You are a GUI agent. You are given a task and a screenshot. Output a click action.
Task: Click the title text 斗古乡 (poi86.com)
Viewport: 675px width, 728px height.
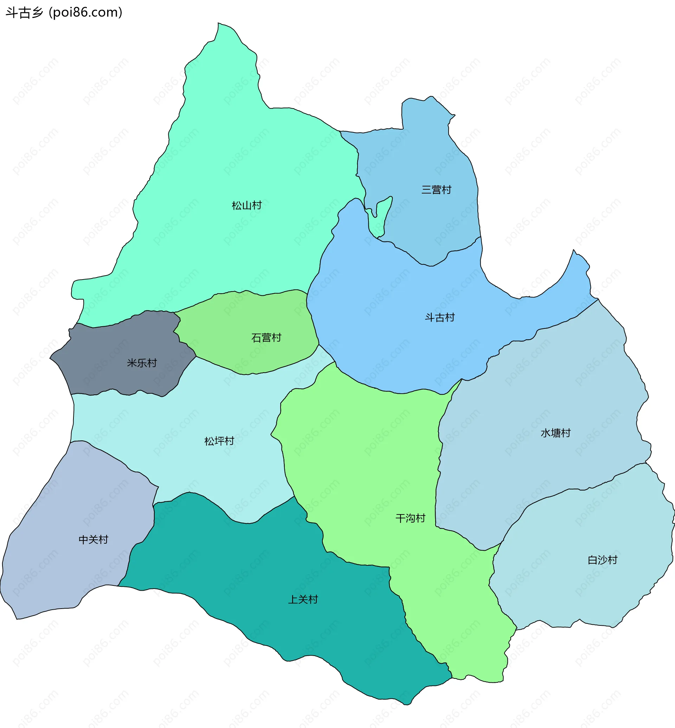(64, 12)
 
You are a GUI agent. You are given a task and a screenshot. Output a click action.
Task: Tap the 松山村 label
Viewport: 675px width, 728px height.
(246, 205)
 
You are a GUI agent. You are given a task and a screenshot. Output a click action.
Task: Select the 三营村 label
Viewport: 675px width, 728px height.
(436, 190)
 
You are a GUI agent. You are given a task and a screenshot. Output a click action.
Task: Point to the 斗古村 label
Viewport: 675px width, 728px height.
(439, 317)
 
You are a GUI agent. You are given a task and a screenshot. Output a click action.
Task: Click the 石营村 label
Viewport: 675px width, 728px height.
(266, 337)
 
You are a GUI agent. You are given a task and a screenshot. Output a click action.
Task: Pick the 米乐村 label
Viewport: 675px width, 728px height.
(142, 363)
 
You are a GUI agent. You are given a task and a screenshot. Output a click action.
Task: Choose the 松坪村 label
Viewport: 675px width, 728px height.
(219, 441)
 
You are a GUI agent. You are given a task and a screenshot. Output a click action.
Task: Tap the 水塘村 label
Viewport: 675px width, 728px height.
(555, 433)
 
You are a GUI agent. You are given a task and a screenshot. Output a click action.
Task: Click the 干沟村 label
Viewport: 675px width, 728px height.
(410, 518)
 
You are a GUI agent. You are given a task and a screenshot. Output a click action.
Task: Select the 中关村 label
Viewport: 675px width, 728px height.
(94, 539)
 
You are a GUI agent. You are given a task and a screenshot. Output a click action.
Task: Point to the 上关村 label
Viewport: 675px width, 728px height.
(303, 599)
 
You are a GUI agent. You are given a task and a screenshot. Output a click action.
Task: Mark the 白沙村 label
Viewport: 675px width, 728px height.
(602, 560)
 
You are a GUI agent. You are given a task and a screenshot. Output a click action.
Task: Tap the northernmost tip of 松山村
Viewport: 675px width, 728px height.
(218, 24)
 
